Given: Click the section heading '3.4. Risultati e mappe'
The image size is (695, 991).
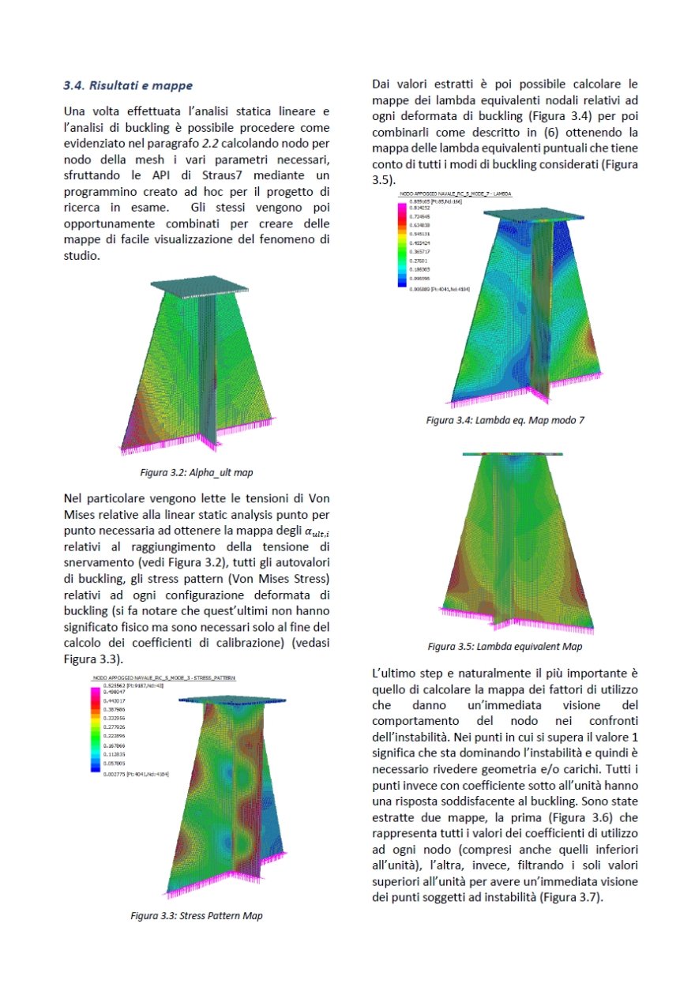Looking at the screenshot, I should [128, 84].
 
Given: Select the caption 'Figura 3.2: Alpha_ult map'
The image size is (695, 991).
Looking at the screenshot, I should [197, 472].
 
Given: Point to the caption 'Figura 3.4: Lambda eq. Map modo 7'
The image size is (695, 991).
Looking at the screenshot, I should [505, 420].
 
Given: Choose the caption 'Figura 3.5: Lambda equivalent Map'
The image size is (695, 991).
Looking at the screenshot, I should [505, 647].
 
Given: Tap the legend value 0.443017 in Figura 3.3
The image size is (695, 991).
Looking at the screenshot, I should [116, 701].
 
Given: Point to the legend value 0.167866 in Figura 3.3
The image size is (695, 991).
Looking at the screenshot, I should [116, 745].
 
